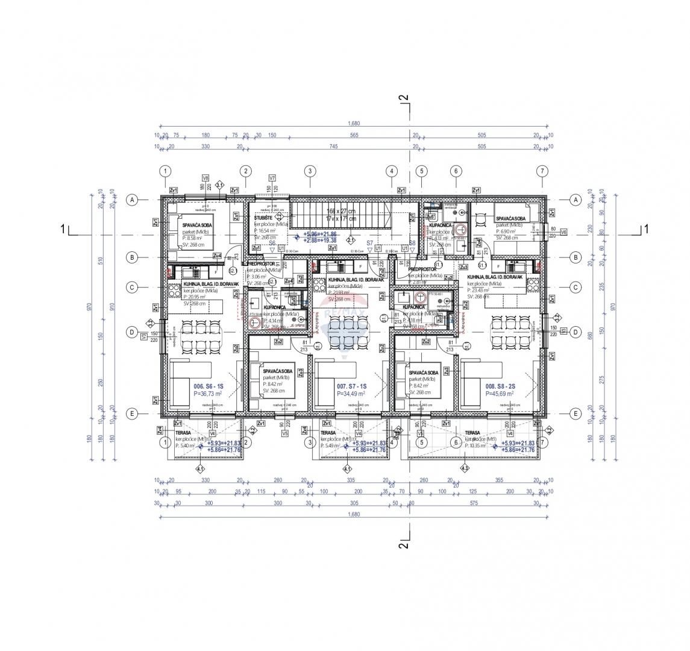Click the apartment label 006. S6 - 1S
209,386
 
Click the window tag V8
205,178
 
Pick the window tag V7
272,178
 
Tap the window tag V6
563,232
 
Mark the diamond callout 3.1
220,185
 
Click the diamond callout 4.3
465,468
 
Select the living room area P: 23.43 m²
482,290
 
